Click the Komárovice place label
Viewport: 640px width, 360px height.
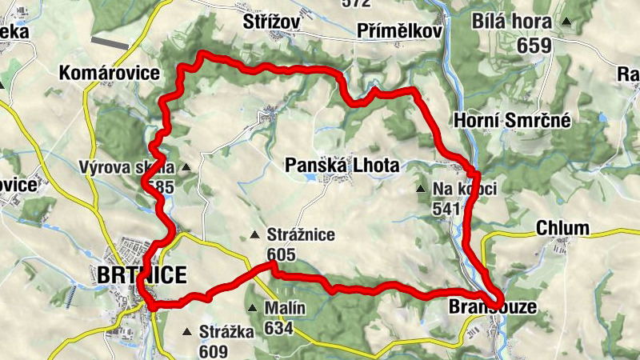[x=109, y=74]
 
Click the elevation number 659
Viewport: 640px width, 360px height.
[x=534, y=45]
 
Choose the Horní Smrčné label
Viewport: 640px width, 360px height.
[x=512, y=120]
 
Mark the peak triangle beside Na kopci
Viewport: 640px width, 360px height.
[x=422, y=190]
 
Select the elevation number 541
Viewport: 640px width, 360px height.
[x=446, y=209]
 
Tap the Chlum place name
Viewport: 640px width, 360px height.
[x=562, y=228]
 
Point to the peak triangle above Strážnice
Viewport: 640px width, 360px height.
[x=254, y=235]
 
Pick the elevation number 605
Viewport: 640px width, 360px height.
[x=282, y=255]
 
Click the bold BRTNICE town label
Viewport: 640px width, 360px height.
[x=141, y=275]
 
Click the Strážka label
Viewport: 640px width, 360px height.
[x=226, y=331]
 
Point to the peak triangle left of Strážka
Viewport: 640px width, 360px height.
[x=188, y=331]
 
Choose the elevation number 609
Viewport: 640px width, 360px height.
[x=214, y=350]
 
